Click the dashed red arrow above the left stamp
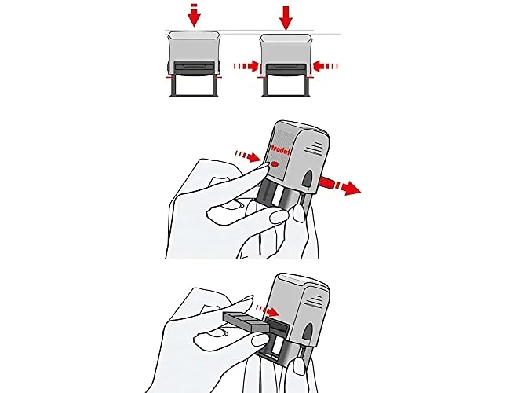pos(195,15)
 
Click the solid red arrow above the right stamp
pos(286,17)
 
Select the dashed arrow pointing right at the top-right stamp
pos(246,66)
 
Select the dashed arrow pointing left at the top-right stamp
pos(326,66)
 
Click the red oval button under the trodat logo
pos(275,164)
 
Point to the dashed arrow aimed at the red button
pos(248,156)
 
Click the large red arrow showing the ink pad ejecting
pos(340,185)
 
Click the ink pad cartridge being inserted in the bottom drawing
pos(246,322)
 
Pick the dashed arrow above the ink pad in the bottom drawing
pos(268,310)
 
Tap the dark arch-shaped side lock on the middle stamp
pos(307,182)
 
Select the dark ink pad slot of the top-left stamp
pos(195,68)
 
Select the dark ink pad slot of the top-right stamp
pos(286,69)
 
